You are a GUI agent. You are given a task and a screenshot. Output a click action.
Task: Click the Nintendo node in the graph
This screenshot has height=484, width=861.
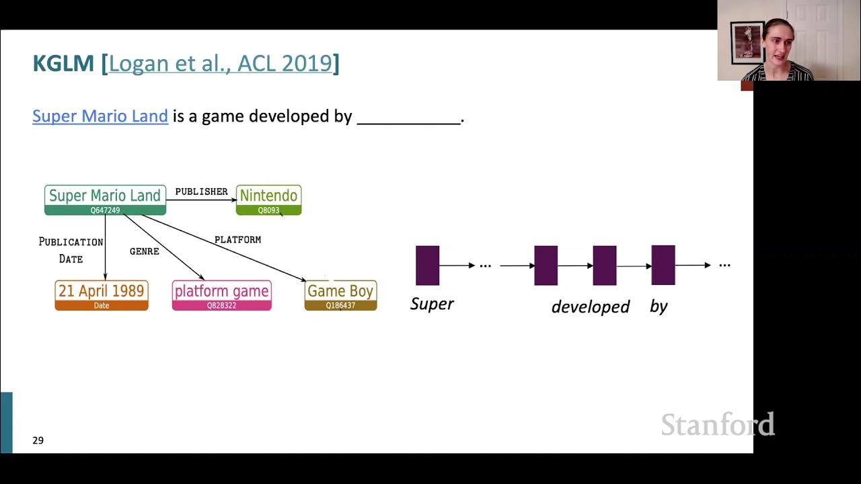[268, 200]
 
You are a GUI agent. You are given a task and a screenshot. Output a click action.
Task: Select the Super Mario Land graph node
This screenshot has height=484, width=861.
[105, 200]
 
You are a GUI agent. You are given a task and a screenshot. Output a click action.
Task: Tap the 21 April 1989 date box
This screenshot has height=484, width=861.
[102, 295]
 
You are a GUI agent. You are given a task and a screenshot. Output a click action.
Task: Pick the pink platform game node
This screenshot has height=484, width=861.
[221, 295]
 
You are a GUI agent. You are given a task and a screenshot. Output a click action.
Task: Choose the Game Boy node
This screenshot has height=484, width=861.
[340, 295]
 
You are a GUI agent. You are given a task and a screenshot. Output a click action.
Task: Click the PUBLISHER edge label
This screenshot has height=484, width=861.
[201, 192]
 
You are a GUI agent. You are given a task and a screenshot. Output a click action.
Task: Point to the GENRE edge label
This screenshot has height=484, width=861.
[144, 251]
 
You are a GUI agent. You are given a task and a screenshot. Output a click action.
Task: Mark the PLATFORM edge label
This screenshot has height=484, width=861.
[237, 239]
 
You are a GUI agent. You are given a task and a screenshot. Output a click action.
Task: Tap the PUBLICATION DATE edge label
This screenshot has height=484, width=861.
[71, 250]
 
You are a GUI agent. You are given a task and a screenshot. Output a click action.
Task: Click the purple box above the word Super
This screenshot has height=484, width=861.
[427, 266]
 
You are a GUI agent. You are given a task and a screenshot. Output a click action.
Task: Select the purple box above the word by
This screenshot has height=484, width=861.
[663, 266]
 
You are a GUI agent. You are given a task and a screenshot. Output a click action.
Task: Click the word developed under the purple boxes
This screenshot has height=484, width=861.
[590, 307]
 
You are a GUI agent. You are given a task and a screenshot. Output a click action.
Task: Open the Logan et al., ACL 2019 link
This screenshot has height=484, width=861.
[221, 63]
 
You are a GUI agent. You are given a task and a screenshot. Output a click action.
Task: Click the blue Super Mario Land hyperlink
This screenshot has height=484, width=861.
[100, 116]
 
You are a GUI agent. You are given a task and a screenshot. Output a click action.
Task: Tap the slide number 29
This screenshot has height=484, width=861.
[38, 440]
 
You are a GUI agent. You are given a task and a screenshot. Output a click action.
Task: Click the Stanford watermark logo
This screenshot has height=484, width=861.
[717, 425]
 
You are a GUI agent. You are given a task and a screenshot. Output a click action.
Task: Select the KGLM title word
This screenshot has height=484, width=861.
[63, 63]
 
